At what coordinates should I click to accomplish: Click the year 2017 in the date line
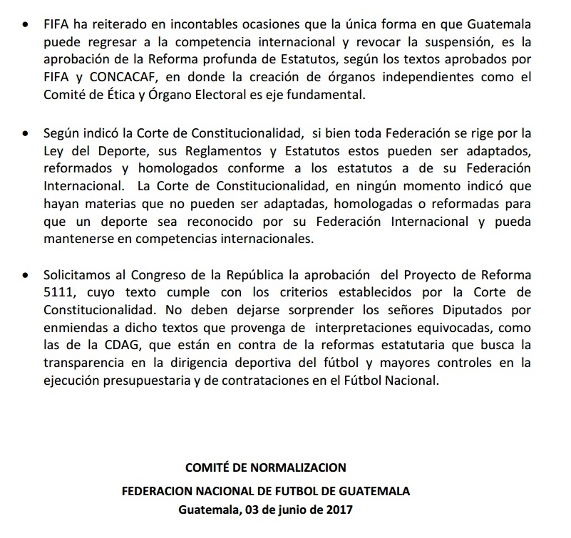click(339, 510)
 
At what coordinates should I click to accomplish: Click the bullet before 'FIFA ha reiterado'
click(26, 24)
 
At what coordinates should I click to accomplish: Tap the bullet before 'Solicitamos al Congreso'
click(26, 274)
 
